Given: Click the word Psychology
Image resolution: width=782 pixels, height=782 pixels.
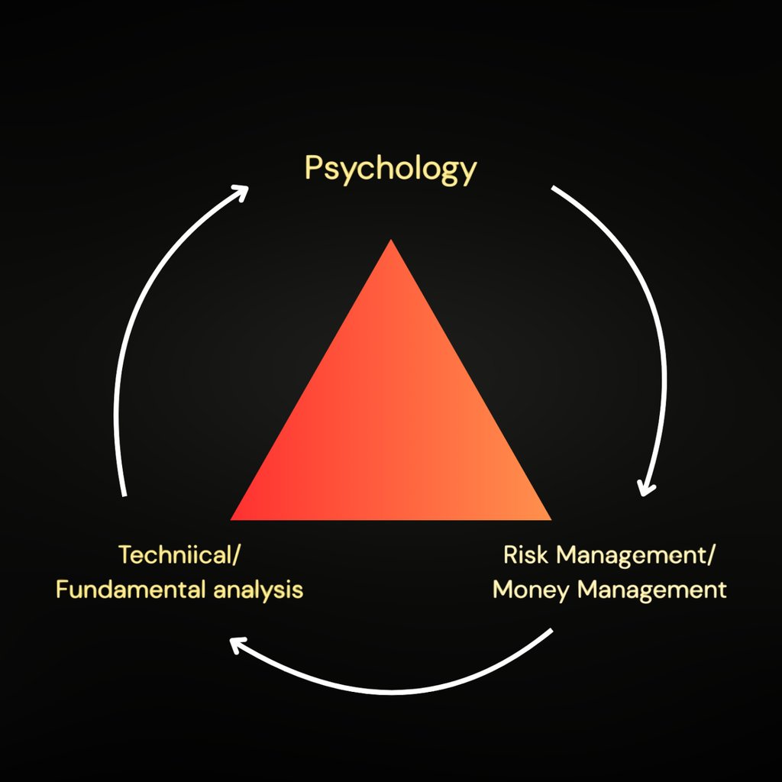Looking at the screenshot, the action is click(x=390, y=169).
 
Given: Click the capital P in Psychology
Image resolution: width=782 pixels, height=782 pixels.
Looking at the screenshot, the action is click(x=312, y=167).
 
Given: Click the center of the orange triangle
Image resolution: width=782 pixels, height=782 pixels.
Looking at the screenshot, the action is click(x=391, y=428).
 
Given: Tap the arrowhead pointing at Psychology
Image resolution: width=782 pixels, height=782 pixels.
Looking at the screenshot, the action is click(x=241, y=191).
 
